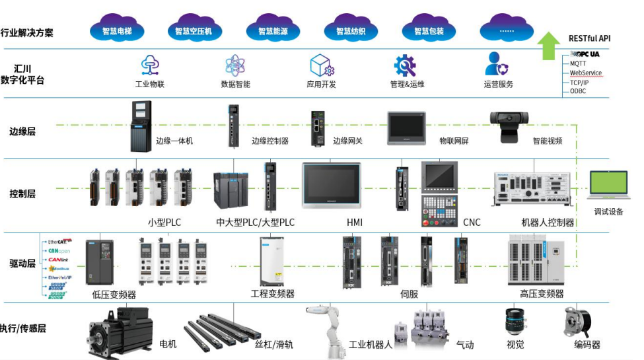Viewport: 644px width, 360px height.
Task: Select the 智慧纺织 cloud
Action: tap(351, 30)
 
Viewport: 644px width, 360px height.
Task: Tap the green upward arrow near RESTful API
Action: tap(548, 46)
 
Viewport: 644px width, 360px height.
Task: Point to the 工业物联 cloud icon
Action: tap(149, 65)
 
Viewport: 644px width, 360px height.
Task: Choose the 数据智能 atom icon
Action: tap(235, 65)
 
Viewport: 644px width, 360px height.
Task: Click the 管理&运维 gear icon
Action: tap(405, 65)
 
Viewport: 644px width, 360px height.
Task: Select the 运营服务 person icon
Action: tap(496, 65)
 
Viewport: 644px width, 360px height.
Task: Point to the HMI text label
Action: tap(355, 223)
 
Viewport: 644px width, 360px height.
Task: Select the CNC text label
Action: tap(472, 223)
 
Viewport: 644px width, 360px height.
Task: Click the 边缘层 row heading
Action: tap(22, 131)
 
